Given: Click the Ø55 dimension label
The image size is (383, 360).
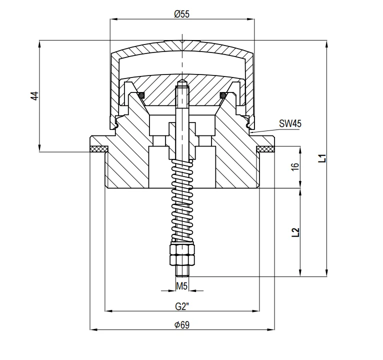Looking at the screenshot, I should (181, 14).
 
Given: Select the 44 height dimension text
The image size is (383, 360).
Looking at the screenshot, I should (34, 95).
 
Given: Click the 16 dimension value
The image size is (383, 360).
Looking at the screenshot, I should (294, 167).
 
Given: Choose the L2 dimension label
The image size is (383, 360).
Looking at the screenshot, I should (295, 231).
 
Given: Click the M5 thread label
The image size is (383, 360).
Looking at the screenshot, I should (182, 286).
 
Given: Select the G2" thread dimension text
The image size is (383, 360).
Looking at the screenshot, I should (182, 305).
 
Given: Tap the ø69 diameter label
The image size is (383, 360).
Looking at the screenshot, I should (182, 324).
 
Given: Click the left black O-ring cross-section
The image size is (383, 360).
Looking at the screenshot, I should (142, 94).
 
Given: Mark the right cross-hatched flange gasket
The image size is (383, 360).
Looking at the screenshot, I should (265, 148).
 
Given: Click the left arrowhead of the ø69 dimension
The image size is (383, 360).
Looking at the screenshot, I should (92, 329).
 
